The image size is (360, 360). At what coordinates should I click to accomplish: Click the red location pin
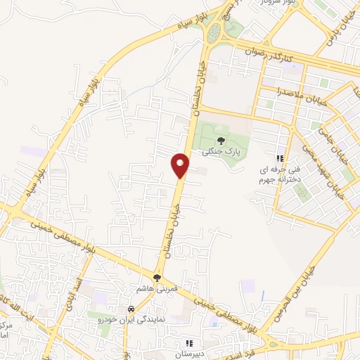[x=181, y=165]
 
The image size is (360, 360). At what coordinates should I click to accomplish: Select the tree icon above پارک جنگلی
[x=221, y=141]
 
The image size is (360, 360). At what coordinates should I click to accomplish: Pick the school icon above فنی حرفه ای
[x=280, y=159]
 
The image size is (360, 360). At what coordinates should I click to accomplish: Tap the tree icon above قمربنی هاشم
[x=157, y=278]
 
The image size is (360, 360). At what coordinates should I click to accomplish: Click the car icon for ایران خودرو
[x=131, y=309]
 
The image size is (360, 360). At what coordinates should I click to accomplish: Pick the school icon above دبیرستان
[x=189, y=342]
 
